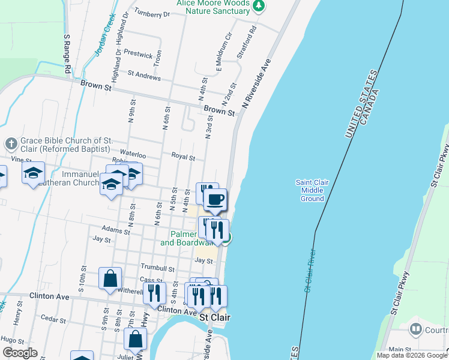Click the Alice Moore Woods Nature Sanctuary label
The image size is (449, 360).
coord(212,7)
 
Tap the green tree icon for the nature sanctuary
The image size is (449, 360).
coord(259,7)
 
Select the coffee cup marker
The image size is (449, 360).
coord(215,199)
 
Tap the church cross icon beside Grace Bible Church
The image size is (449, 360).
coord(11,143)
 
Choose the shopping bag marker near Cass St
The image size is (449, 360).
coord(110,278)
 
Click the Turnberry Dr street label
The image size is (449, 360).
coord(152,13)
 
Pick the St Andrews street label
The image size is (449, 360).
coord(143,77)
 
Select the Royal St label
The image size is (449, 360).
coord(183,157)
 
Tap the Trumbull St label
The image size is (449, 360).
coord(157,269)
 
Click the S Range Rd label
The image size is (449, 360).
coord(68,54)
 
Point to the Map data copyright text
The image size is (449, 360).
coord(411,355)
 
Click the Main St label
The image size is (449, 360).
coord(401,349)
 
